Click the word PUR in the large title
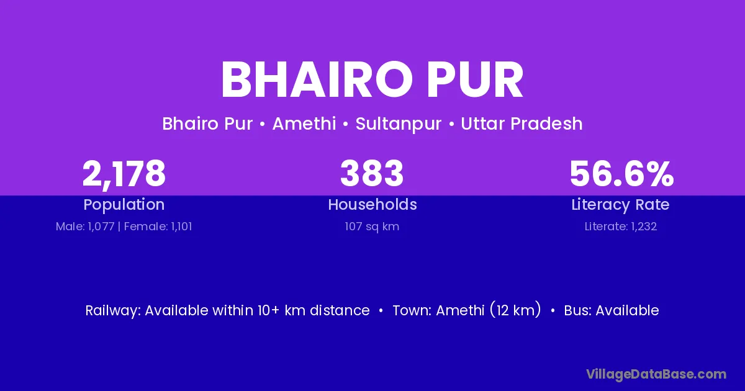[x=476, y=79]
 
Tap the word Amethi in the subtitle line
[x=304, y=124]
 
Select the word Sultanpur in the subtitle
[x=399, y=124]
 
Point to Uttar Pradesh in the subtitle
[x=521, y=124]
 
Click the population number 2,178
[x=124, y=174]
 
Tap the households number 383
[x=372, y=173]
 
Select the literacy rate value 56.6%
[x=621, y=174]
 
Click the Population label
[x=124, y=205]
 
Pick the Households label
[x=372, y=204]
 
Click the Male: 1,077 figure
[x=85, y=227]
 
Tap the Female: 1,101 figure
[x=158, y=227]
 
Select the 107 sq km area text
[x=372, y=227]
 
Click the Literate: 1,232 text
[x=621, y=227]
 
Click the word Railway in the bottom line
[x=113, y=310]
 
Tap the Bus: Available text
[x=612, y=310]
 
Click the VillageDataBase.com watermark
[x=656, y=374]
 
